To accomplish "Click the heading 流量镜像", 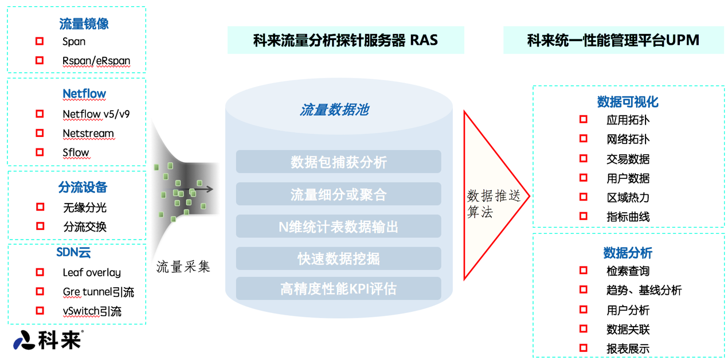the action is point(84,24).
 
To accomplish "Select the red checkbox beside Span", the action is point(40,41).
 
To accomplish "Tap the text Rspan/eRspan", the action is point(96,61).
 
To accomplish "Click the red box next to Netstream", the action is point(40,133).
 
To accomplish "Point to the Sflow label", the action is point(76,152).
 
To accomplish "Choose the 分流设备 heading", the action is point(83,187).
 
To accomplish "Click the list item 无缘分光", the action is point(85,208).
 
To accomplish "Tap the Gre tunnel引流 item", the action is point(98,292).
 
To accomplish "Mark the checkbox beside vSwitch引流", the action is point(40,311).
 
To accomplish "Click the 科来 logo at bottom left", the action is point(48,340).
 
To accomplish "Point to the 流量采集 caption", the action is point(183,267).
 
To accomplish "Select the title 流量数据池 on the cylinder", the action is point(334,109).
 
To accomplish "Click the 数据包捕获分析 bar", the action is point(338,162).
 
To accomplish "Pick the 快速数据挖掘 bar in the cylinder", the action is point(338,259).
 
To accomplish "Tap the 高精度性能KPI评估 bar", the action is point(338,288).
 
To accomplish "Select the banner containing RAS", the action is point(346,40).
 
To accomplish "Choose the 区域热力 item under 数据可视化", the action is point(628,197).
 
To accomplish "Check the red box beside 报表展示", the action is point(584,348).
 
